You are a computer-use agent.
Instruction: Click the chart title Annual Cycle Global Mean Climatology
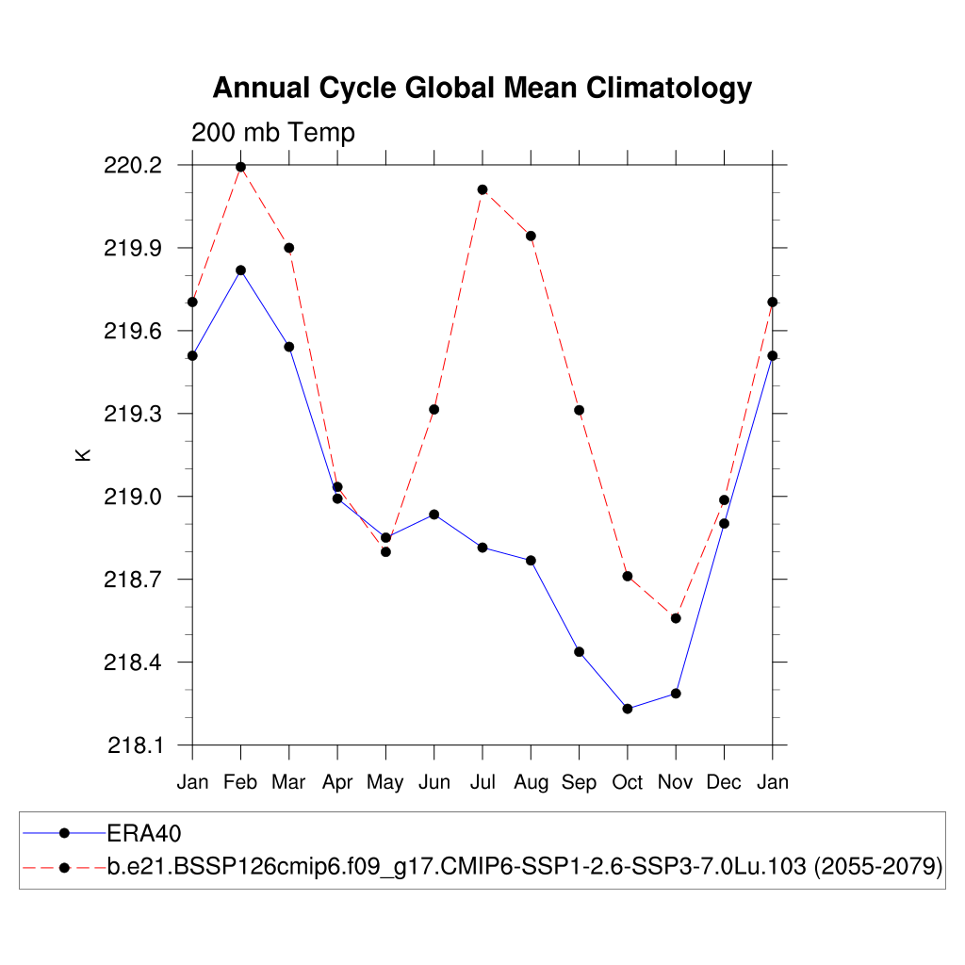click(482, 88)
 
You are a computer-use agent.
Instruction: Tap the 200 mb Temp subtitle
click(273, 133)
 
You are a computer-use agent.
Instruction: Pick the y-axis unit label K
click(83, 455)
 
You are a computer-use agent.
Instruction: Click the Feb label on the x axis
click(241, 782)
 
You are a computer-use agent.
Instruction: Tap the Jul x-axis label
click(482, 782)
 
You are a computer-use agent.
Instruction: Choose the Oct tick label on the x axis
click(628, 782)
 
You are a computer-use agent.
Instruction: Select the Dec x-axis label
click(724, 782)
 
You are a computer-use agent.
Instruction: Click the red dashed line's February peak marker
click(241, 167)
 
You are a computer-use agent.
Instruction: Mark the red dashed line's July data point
click(482, 189)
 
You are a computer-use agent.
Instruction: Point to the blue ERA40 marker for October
click(628, 709)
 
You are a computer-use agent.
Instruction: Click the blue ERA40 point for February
click(241, 270)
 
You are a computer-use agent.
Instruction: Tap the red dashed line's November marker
click(676, 618)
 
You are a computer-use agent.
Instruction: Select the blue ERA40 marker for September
click(580, 652)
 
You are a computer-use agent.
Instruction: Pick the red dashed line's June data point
click(434, 409)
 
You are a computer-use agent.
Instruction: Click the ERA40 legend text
click(144, 833)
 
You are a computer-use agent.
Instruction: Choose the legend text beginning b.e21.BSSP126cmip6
click(525, 867)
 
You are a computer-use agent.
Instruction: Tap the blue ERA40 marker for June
click(434, 515)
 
